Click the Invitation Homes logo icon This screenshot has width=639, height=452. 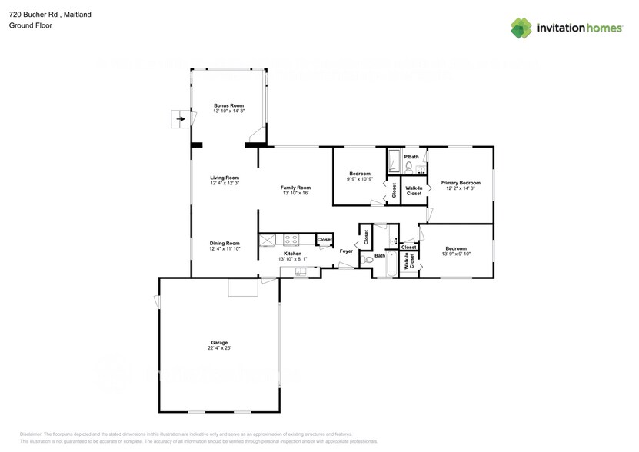tap(521, 28)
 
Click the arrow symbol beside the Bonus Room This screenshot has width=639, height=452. tap(181, 120)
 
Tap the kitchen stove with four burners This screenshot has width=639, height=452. tap(291, 239)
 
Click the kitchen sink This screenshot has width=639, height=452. tap(300, 271)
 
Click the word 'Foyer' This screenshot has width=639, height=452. tap(346, 251)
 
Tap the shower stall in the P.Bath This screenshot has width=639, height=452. tap(394, 162)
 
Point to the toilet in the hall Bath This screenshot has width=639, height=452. tap(368, 261)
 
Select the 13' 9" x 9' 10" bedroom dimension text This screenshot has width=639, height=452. tap(456, 254)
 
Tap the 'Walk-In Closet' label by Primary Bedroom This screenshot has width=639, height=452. tap(414, 191)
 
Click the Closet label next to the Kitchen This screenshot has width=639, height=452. tap(324, 240)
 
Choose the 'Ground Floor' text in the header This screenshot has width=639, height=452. tap(31, 25)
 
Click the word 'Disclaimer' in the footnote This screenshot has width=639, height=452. tap(32, 434)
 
